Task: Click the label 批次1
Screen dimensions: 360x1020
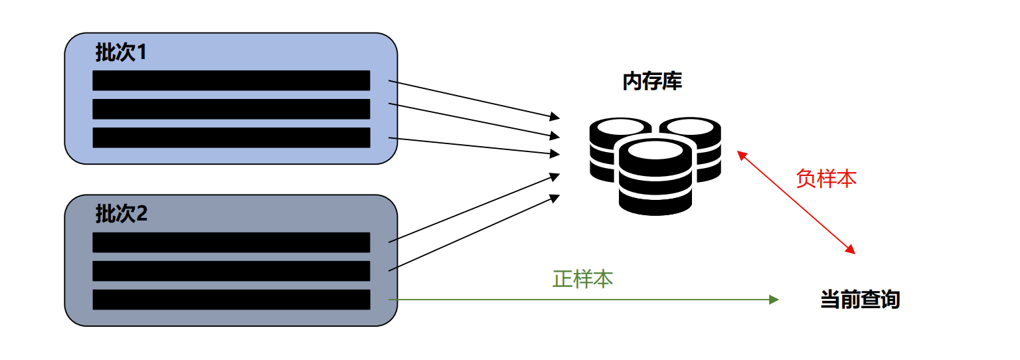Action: tap(120, 54)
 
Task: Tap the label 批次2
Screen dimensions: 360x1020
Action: tap(120, 215)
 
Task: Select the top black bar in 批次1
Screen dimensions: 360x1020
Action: tap(231, 80)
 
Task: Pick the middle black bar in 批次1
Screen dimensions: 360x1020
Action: tap(231, 109)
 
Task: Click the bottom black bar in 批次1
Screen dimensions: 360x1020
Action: tap(231, 137)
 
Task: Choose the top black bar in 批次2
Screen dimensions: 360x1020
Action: tap(231, 242)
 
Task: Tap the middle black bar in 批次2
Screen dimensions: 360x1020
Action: tap(231, 271)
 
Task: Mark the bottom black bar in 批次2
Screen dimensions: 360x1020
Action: tap(231, 300)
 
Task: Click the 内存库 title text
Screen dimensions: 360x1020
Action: tap(652, 82)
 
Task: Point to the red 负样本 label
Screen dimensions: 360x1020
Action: tap(826, 179)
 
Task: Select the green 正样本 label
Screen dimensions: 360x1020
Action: tap(582, 279)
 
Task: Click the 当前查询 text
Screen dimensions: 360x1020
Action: tap(860, 300)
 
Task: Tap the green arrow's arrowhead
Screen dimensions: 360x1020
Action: tap(774, 300)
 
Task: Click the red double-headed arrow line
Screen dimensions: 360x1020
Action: tap(796, 203)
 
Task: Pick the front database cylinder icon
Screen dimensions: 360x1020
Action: tap(655, 176)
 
